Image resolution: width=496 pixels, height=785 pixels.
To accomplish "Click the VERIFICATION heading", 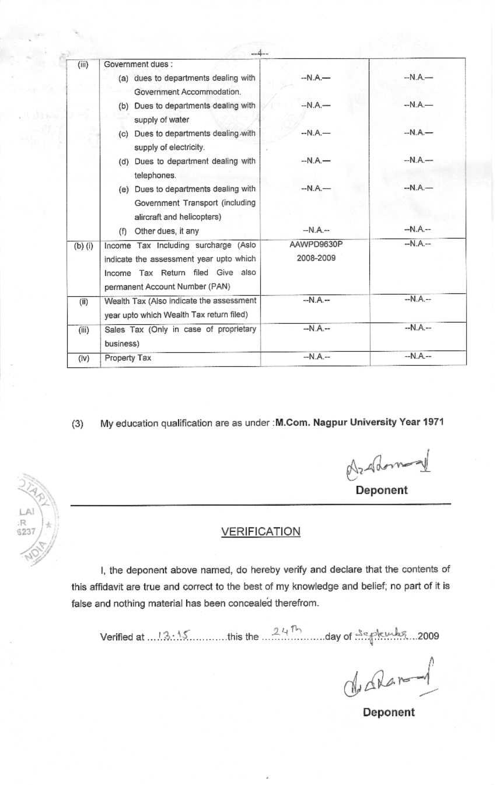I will [261, 531].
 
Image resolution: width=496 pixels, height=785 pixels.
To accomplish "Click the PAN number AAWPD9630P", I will [316, 246].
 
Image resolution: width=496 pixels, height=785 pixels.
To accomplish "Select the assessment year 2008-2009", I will [316, 258].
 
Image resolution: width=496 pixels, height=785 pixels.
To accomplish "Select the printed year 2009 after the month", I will [428, 636].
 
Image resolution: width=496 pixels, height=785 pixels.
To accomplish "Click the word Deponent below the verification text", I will [389, 712].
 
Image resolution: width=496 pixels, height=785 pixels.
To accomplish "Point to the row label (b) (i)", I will [83, 246].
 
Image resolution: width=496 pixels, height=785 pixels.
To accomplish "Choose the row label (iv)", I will [83, 358].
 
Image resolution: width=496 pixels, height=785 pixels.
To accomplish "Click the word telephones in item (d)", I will [155, 175].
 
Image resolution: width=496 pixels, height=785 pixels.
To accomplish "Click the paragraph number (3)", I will [78, 423].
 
